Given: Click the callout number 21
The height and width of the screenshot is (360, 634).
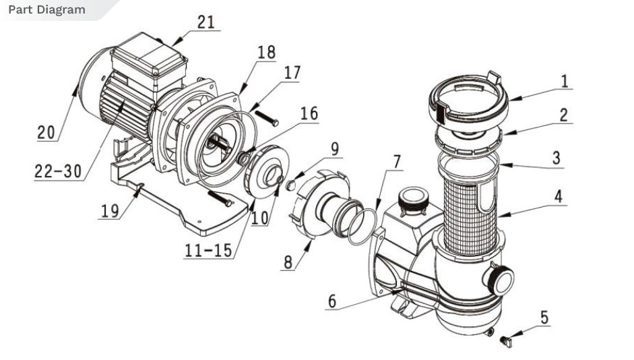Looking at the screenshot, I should [x=205, y=22].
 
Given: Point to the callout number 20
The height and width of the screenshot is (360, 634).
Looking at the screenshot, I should [x=45, y=133].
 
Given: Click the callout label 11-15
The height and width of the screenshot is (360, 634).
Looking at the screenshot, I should [x=209, y=250].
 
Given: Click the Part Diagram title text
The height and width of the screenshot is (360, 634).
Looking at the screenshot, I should [x=46, y=9].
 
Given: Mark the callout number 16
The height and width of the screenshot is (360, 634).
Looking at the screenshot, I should [x=308, y=113].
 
